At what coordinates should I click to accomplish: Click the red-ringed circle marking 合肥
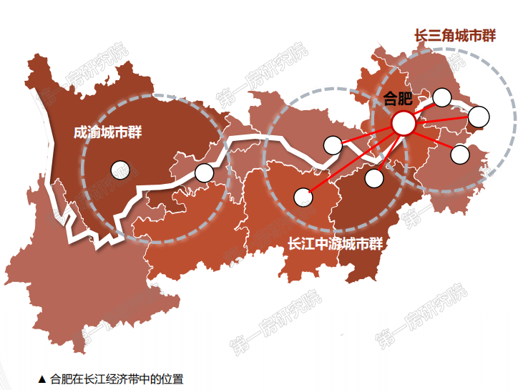(404, 123)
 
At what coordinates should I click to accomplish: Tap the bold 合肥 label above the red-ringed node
(398, 99)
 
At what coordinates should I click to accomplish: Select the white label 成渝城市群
(107, 132)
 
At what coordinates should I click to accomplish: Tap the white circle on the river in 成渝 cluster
(204, 172)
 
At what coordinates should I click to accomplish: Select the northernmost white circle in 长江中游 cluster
(333, 145)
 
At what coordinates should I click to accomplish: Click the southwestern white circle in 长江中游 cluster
(303, 195)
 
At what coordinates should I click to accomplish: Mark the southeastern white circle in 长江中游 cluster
(373, 178)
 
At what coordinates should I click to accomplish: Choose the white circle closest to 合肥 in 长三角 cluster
(442, 96)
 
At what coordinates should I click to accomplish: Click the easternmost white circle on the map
(479, 115)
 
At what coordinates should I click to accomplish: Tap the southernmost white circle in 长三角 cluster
(460, 154)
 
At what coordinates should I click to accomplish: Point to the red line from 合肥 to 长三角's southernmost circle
(431, 138)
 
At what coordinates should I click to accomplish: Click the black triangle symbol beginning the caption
(41, 379)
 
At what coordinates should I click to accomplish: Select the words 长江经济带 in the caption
(108, 379)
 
